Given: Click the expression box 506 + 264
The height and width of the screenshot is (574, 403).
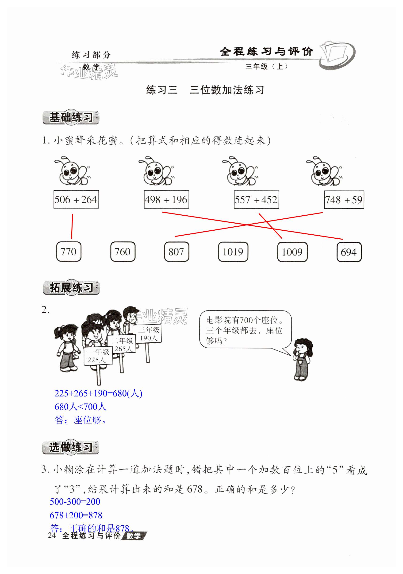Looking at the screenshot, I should [x=76, y=199].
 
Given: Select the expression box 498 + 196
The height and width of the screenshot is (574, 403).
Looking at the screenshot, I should [x=166, y=199].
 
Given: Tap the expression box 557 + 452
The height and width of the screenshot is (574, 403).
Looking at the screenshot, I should [x=256, y=199].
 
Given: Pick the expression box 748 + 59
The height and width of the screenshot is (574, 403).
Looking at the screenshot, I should [x=344, y=199].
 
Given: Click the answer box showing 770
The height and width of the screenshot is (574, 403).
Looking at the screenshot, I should [x=69, y=252].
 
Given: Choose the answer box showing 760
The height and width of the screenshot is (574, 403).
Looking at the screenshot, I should [x=123, y=252].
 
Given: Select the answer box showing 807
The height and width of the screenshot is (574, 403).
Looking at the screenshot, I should [x=177, y=252].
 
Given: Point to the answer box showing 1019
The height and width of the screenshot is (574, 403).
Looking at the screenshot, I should [x=233, y=252].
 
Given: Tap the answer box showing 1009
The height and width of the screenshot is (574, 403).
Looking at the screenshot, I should [x=292, y=252].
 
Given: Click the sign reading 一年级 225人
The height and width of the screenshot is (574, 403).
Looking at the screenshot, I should [x=98, y=356].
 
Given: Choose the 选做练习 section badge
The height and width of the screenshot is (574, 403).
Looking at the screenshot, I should [x=71, y=447].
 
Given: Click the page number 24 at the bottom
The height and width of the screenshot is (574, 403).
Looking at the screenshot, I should [x=52, y=535].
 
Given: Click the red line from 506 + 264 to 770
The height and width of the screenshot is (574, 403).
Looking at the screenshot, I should [x=72, y=226].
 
